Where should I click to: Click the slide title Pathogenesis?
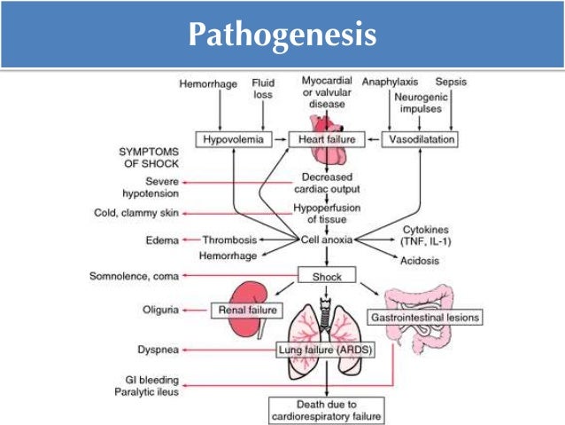282,35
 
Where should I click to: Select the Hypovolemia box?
233,140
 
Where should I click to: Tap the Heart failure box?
326,140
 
